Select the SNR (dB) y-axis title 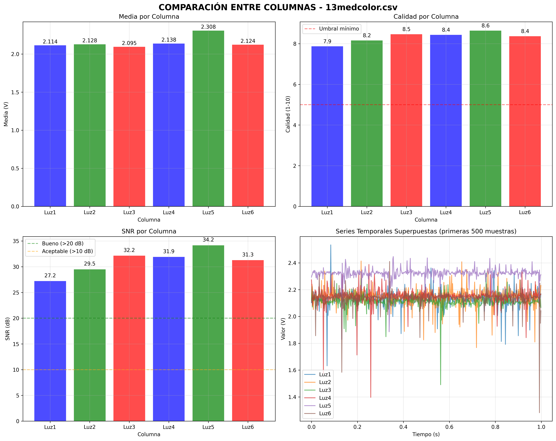pyautogui.click(x=8, y=329)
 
